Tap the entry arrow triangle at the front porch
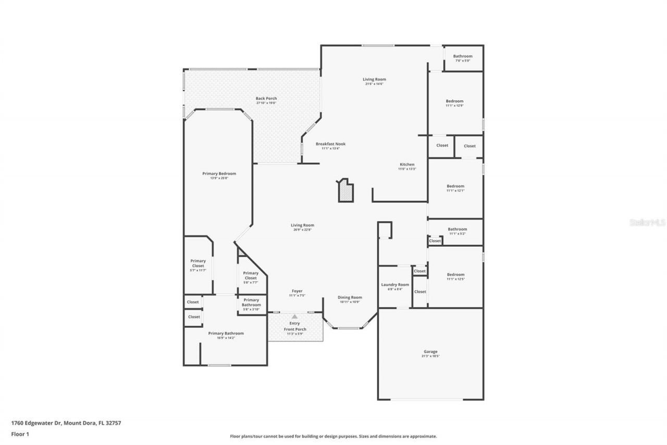(294, 317)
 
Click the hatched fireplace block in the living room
(345, 191)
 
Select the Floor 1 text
(20, 434)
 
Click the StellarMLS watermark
(647, 222)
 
